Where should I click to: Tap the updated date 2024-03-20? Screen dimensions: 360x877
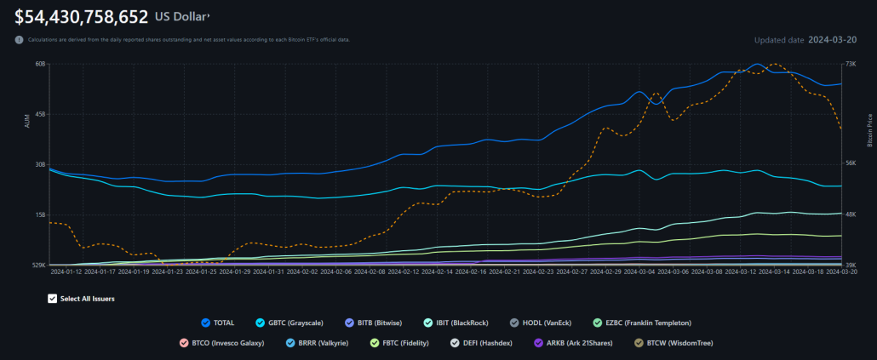tap(832, 40)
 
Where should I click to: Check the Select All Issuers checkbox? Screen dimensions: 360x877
tap(53, 299)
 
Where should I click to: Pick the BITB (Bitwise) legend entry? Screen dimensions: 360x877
tap(375, 323)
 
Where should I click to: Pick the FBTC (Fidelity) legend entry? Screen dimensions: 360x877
tap(399, 343)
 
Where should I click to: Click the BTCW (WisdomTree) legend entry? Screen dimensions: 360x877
tap(673, 343)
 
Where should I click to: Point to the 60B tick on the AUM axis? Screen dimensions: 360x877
tap(40, 64)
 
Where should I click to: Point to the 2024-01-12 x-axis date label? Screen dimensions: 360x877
tap(66, 272)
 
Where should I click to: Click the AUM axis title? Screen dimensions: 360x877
tap(26, 122)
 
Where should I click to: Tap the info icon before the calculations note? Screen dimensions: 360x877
tap(20, 40)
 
